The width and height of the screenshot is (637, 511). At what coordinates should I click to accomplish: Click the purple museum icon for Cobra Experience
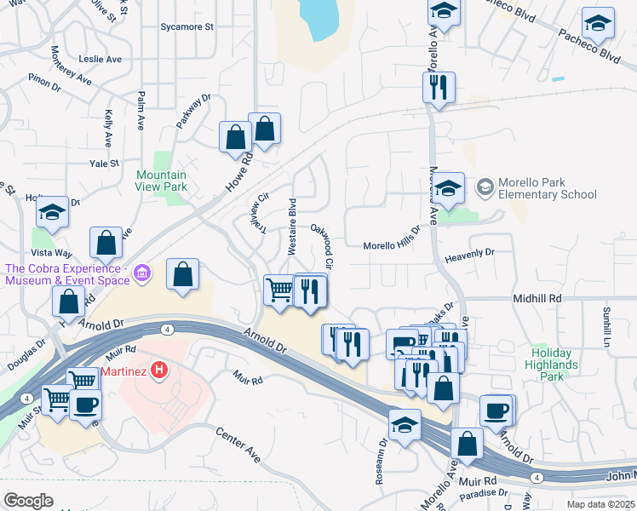click(x=142, y=273)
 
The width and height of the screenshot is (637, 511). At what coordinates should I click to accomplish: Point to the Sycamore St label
click(x=187, y=26)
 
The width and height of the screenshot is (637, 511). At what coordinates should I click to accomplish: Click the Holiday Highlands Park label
click(x=554, y=364)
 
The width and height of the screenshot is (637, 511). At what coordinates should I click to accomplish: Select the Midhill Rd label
click(x=537, y=299)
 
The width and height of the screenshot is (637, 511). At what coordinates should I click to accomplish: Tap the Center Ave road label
click(x=238, y=441)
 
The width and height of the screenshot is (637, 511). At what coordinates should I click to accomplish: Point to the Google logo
click(x=28, y=500)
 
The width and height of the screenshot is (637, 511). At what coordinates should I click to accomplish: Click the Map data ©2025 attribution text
click(x=601, y=504)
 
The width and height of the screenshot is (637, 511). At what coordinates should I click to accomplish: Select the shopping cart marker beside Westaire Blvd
click(x=279, y=290)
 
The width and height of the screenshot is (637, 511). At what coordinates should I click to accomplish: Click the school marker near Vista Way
click(x=53, y=213)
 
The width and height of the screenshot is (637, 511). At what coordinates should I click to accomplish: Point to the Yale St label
click(x=102, y=164)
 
